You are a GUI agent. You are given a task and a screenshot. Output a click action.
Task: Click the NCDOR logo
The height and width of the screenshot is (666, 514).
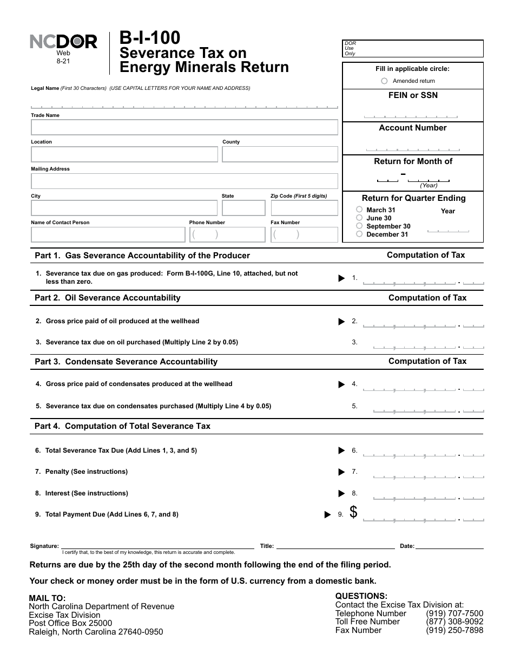pyautogui.click(x=63, y=42)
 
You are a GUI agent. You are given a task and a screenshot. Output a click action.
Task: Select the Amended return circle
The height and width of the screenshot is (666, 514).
pyautogui.click(x=384, y=81)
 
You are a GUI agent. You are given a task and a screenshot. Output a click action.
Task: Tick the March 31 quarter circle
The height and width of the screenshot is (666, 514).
pyautogui.click(x=359, y=210)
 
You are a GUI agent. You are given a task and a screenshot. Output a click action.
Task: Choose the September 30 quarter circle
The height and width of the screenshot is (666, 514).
pyautogui.click(x=359, y=226)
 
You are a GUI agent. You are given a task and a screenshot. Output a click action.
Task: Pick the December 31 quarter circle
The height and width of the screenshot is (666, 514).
pyautogui.click(x=359, y=234)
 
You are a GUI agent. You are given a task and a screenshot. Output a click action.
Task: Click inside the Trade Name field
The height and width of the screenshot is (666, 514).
pyautogui.click(x=184, y=127)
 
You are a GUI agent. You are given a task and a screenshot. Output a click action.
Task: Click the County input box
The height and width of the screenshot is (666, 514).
pyautogui.click(x=280, y=154)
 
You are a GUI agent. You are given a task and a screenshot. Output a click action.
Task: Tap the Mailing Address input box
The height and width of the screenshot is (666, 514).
pyautogui.click(x=184, y=181)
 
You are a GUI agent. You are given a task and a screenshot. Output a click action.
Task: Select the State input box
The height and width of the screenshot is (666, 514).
pyautogui.click(x=243, y=208)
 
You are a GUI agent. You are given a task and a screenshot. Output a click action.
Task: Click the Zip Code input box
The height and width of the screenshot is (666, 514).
pyautogui.click(x=304, y=208)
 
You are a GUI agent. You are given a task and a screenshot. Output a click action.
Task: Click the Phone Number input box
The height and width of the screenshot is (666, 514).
pyautogui.click(x=227, y=234)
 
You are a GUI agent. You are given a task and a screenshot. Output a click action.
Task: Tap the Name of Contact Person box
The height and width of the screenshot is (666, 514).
pyautogui.click(x=108, y=234)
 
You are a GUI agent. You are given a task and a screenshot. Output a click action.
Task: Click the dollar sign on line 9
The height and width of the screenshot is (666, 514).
pyautogui.click(x=353, y=512)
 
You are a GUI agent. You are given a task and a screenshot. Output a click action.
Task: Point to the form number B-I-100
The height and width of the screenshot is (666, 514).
pyautogui.click(x=150, y=38)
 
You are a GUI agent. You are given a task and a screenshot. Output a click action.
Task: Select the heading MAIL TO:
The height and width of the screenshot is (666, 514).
pyautogui.click(x=47, y=598)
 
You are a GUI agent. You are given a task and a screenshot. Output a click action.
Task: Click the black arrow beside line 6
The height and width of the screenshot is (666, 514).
pyautogui.click(x=341, y=450)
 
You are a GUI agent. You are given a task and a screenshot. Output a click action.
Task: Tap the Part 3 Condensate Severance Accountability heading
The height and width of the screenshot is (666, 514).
pyautogui.click(x=126, y=362)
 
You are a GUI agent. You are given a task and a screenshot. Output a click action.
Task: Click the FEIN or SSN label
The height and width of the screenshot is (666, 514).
pyautogui.click(x=413, y=95)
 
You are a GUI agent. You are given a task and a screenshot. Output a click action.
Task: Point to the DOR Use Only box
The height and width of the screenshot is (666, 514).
pyautogui.click(x=413, y=49)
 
